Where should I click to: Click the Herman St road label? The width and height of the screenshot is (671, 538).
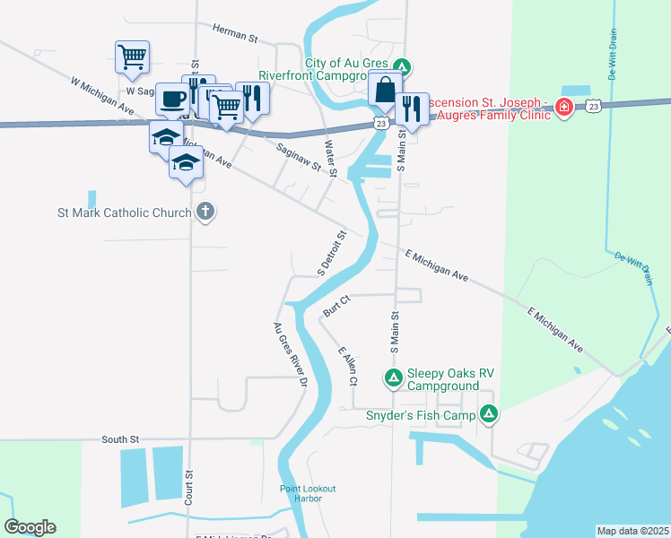[x=235, y=34]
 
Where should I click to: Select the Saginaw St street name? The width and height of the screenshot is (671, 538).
[x=299, y=158]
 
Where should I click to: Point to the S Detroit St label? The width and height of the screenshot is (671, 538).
[x=330, y=254]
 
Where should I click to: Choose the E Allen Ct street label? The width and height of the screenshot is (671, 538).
[x=347, y=367]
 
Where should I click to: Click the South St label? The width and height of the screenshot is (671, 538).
[x=120, y=439]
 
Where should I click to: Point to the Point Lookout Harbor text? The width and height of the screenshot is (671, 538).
[x=307, y=493]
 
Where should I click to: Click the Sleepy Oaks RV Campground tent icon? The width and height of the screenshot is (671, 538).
[x=393, y=378]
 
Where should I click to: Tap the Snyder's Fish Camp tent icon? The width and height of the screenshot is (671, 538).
[x=489, y=413]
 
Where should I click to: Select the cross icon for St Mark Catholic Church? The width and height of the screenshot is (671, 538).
[x=205, y=213]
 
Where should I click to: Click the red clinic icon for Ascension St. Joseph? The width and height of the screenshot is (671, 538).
[x=563, y=108]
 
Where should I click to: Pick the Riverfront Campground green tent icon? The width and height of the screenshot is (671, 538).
[x=404, y=65]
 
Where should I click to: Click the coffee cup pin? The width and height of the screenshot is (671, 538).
[x=173, y=99]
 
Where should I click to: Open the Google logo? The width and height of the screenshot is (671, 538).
[x=30, y=527]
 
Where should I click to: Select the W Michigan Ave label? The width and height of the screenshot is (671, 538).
[x=103, y=97]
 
